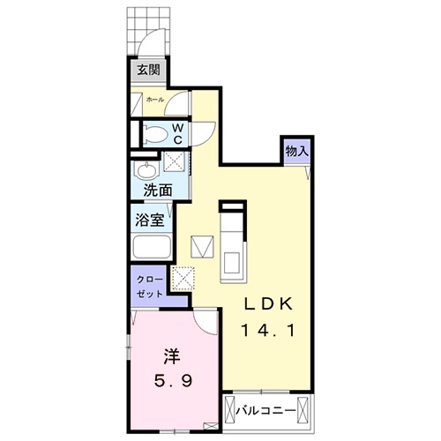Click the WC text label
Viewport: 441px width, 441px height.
point(177,133)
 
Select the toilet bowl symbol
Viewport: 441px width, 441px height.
point(153,134)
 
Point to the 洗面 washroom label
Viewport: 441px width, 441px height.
point(158,189)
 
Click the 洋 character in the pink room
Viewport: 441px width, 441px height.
point(171,356)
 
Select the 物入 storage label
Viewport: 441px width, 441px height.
point(296,151)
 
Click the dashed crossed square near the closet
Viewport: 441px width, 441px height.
point(185,280)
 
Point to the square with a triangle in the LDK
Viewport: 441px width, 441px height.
point(202,243)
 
